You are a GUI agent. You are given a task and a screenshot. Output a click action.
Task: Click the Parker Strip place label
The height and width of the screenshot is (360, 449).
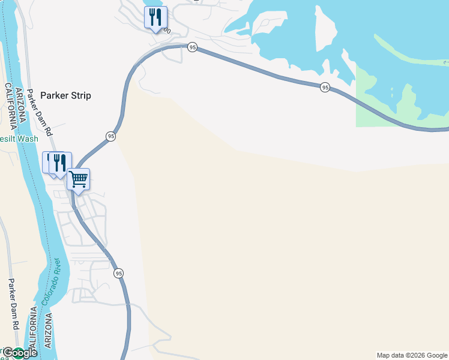pos(65,95)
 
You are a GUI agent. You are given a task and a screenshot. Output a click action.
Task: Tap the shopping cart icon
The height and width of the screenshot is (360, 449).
pos(78,179)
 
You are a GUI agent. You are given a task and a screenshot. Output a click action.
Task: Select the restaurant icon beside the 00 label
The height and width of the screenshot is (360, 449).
pos(155,17)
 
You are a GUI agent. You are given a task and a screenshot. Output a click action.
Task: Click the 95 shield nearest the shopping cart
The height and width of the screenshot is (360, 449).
pos(110,136)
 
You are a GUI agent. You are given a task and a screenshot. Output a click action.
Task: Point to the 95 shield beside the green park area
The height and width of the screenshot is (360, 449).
pos(325,88)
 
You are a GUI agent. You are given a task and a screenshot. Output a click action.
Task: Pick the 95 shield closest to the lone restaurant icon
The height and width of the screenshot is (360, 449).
pos(191,47)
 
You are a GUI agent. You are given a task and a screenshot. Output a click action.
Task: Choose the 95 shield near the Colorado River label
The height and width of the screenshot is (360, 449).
pos(119,273)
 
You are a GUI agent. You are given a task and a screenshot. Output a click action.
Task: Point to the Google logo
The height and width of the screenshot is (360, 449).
pos(20,353)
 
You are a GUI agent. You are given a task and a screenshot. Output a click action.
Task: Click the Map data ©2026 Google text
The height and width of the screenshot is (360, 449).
pos(412,355)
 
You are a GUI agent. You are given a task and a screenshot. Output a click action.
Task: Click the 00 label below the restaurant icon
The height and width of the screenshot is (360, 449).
pos(166,31)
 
